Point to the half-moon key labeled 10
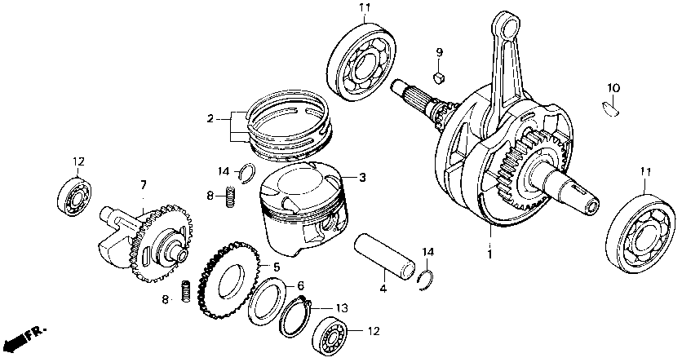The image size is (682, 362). (612, 104)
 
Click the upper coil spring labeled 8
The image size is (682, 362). (230, 196)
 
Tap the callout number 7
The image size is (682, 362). (143, 185)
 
